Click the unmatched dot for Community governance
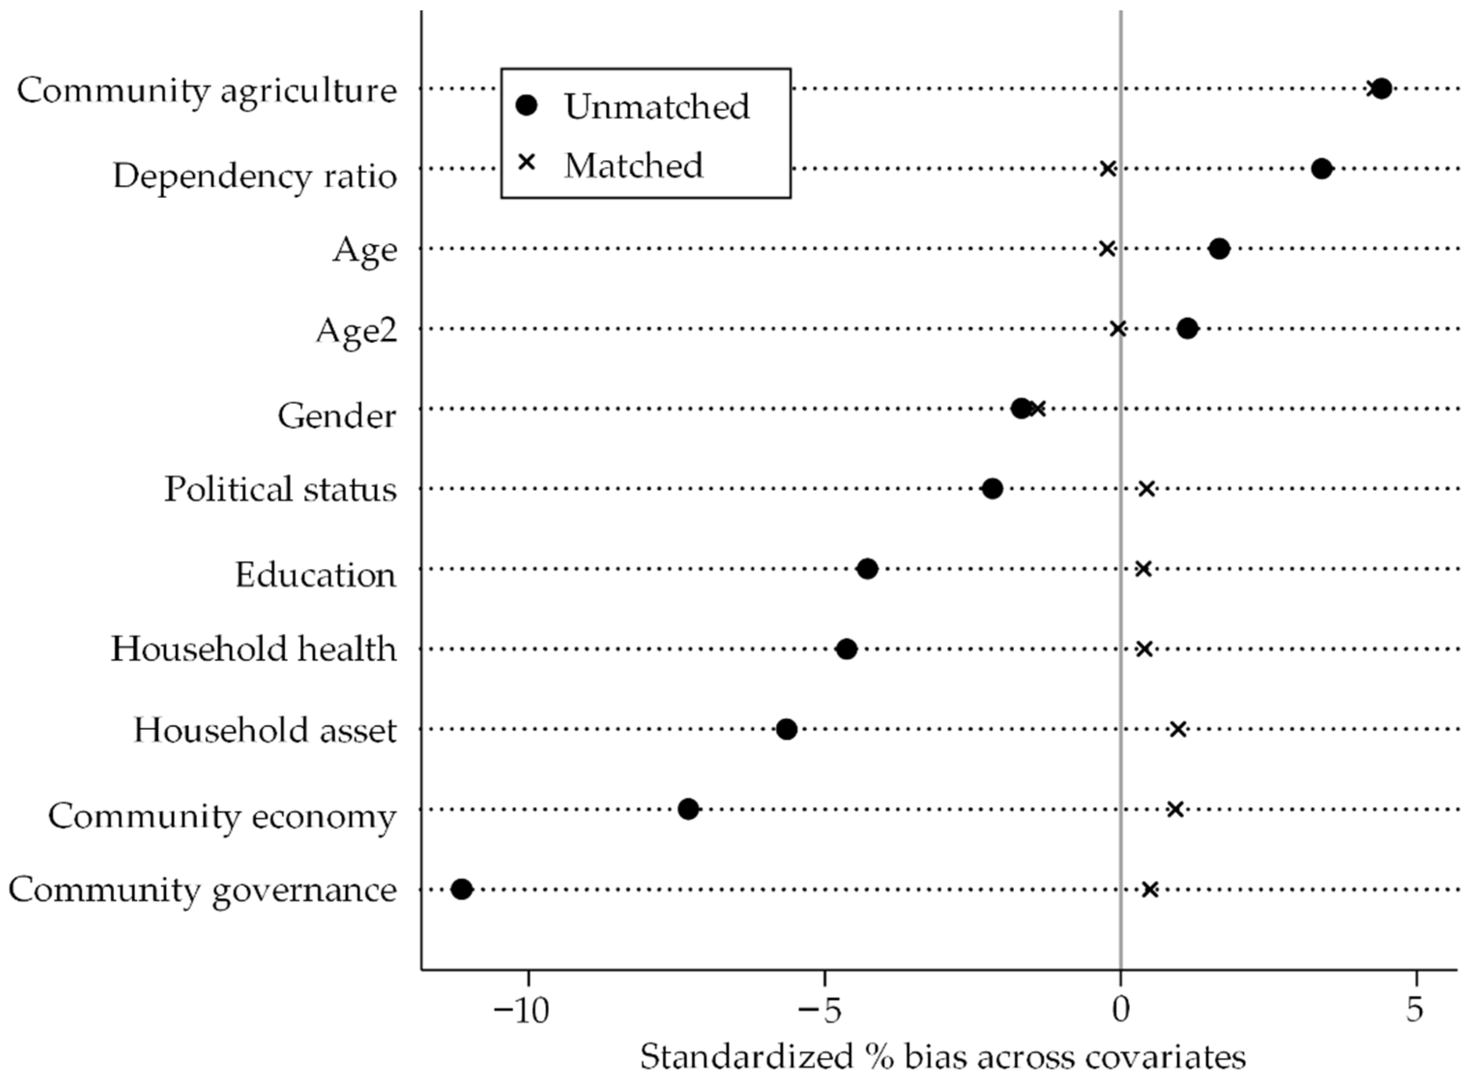point(461,889)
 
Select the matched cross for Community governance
point(1150,889)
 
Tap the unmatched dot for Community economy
point(688,809)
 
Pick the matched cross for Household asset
point(1178,729)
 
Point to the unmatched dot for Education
point(867,569)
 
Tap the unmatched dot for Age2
point(1187,328)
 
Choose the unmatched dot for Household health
point(846,649)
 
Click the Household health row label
point(254,649)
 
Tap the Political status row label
point(280,489)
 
